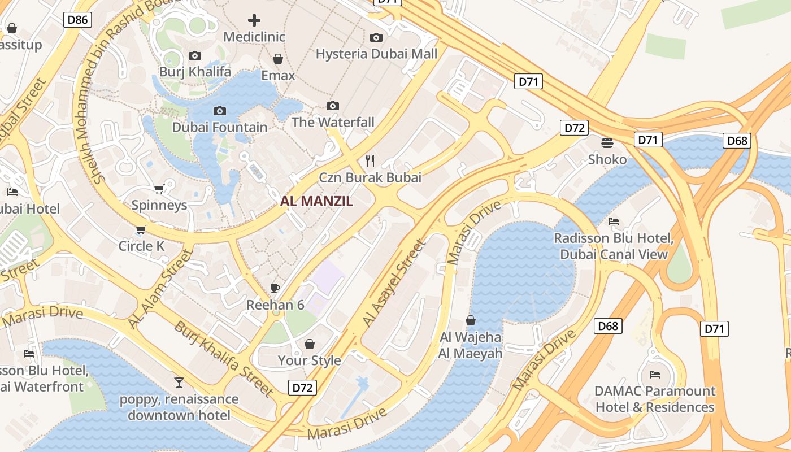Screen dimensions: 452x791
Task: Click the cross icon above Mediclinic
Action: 254,21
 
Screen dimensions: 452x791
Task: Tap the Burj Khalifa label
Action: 195,72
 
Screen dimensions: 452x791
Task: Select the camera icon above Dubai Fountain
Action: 220,111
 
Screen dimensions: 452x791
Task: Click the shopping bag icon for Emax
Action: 278,59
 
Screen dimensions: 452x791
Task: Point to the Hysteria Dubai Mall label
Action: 376,54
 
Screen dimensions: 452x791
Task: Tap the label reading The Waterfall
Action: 333,122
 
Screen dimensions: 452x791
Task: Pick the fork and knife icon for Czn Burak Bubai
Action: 370,161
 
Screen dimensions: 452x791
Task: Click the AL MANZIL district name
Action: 316,201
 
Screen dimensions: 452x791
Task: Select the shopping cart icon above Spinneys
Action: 159,189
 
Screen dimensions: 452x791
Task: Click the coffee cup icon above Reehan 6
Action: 275,289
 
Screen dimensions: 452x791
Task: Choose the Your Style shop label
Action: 309,360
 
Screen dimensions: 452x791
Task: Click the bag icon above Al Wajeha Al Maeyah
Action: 470,321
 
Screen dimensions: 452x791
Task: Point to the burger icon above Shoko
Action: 607,143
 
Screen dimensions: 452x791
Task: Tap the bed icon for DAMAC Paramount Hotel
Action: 655,374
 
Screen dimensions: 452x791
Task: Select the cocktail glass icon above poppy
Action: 179,383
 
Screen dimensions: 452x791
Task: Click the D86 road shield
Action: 77,20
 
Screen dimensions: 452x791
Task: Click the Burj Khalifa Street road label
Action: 224,358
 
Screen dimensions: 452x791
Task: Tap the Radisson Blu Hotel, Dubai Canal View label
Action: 614,246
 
